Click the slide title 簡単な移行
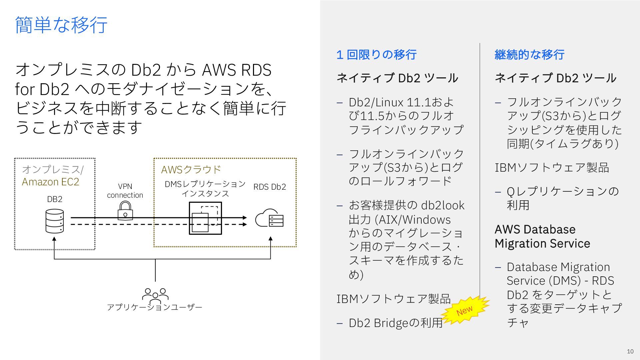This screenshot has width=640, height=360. (61, 25)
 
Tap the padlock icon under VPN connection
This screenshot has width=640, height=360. (125, 211)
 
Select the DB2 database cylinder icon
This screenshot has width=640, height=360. (54, 221)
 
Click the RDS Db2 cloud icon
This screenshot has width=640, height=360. (269, 218)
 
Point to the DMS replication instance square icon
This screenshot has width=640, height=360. (205, 218)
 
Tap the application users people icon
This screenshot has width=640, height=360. (155, 295)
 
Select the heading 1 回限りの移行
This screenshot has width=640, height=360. (376, 55)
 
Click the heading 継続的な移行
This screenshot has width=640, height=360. (529, 55)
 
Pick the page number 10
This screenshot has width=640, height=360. (630, 351)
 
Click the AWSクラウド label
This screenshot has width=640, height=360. (191, 170)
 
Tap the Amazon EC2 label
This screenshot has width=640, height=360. (51, 182)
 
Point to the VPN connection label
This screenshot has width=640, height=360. (125, 191)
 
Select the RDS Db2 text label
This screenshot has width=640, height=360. (270, 187)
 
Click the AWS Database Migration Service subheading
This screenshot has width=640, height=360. (542, 236)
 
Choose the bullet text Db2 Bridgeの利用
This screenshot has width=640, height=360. (396, 323)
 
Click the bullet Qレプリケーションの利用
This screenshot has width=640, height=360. (563, 198)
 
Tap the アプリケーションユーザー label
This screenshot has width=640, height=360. (155, 307)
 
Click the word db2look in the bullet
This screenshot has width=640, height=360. (443, 205)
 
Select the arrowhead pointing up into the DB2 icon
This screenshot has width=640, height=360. (54, 239)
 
